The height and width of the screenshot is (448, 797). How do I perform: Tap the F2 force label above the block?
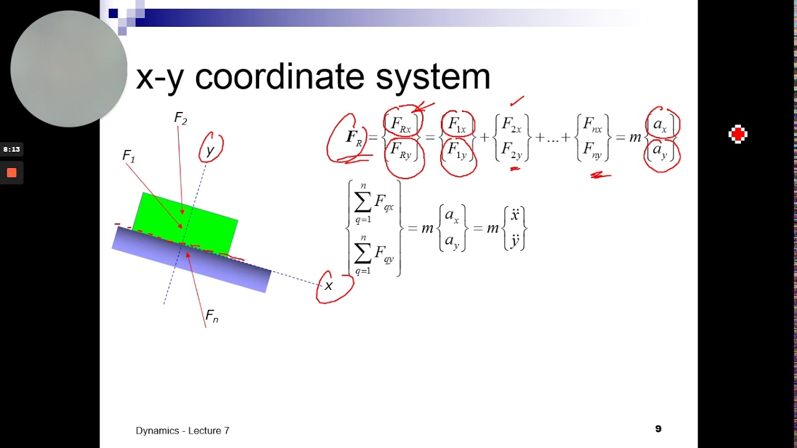181,118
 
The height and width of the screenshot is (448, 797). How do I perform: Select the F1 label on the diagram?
129,156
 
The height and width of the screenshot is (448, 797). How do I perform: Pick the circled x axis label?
329,286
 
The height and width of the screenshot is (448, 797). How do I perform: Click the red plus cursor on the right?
738,134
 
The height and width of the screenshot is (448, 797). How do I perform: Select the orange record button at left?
11,173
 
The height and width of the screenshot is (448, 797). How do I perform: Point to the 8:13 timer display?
11,149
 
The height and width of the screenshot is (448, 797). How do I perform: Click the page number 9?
658,429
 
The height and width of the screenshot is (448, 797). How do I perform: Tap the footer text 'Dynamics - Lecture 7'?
182,431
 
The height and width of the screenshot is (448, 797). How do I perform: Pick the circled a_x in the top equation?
661,124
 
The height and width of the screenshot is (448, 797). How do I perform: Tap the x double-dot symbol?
515,216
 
